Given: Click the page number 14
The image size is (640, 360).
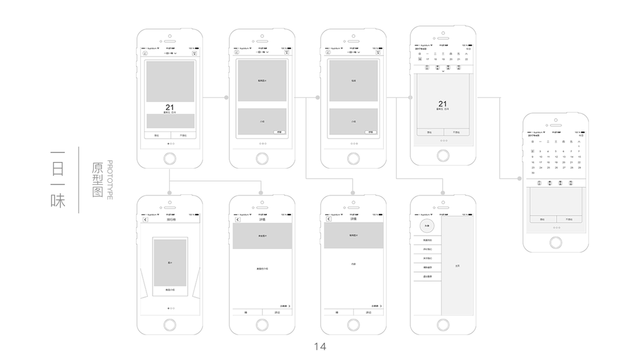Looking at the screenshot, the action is tap(320, 346).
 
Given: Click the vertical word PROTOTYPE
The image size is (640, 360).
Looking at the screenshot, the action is tap(110, 180).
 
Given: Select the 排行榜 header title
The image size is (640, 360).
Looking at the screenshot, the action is tap(170, 220).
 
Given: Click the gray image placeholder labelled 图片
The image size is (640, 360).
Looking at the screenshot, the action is tap(170, 263).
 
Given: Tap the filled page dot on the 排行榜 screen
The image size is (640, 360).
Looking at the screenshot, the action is tap(167, 308).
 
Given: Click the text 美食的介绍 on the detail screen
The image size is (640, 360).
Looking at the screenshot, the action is tap(262, 268).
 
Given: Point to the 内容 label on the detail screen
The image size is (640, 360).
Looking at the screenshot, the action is tap(353, 264).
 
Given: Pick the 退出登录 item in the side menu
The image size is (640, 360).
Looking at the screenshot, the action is tap(426, 276).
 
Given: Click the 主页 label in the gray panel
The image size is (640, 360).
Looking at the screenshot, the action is tap(458, 265).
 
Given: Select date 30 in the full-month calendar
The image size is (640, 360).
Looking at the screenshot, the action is tap(532, 173).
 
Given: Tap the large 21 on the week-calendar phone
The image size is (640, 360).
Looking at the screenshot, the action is tap(443, 104).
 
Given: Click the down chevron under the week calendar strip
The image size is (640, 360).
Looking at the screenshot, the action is tap(443, 71).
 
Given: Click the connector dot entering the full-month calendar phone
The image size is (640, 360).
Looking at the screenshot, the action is tap(519, 178).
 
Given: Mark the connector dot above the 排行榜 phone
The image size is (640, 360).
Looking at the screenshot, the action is tap(170, 193).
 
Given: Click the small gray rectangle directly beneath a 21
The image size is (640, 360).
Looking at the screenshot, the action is tap(170, 120).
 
